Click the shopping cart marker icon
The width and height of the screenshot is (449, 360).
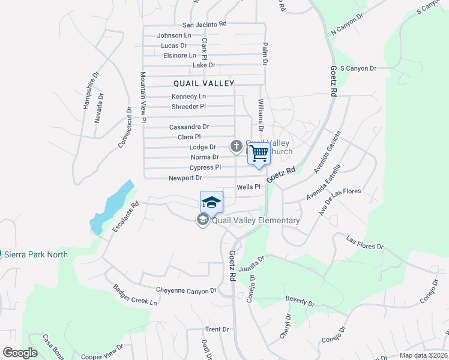click(x=259, y=153)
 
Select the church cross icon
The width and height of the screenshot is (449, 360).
click(x=237, y=145)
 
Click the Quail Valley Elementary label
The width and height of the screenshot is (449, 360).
click(x=256, y=220)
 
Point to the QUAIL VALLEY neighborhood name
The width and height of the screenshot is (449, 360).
click(x=203, y=83)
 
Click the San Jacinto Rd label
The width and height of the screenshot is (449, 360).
click(x=204, y=25)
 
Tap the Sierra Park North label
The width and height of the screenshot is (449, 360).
click(x=36, y=254)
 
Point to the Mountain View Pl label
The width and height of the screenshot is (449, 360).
click(x=143, y=98)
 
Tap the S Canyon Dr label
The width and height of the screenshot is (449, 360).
click(x=358, y=68)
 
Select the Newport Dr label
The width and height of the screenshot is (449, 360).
click(x=185, y=178)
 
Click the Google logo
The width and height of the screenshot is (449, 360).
click(x=20, y=353)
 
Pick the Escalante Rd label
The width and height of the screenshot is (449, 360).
click(x=125, y=217)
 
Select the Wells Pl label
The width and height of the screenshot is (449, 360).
click(x=248, y=187)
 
